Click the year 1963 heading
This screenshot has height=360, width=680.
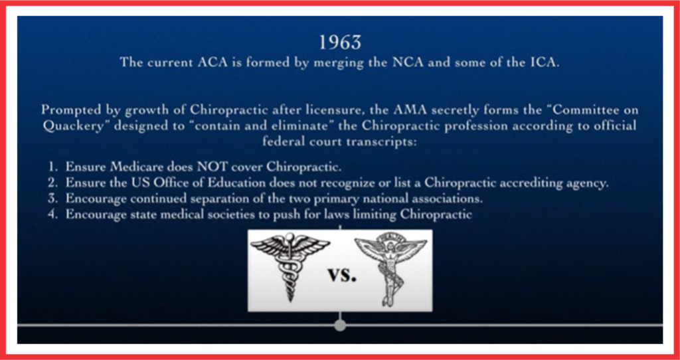[x=340, y=43]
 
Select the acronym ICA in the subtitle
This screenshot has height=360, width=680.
[x=545, y=62]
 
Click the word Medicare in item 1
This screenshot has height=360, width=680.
[x=137, y=167]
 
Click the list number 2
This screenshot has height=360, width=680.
[x=52, y=183]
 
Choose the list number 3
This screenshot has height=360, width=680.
[x=52, y=199]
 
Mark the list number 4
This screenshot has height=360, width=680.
[x=52, y=215]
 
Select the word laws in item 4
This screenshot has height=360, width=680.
[x=338, y=215]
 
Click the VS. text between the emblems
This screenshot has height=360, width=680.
[x=342, y=275]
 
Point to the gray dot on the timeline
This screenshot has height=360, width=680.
[x=340, y=325]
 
